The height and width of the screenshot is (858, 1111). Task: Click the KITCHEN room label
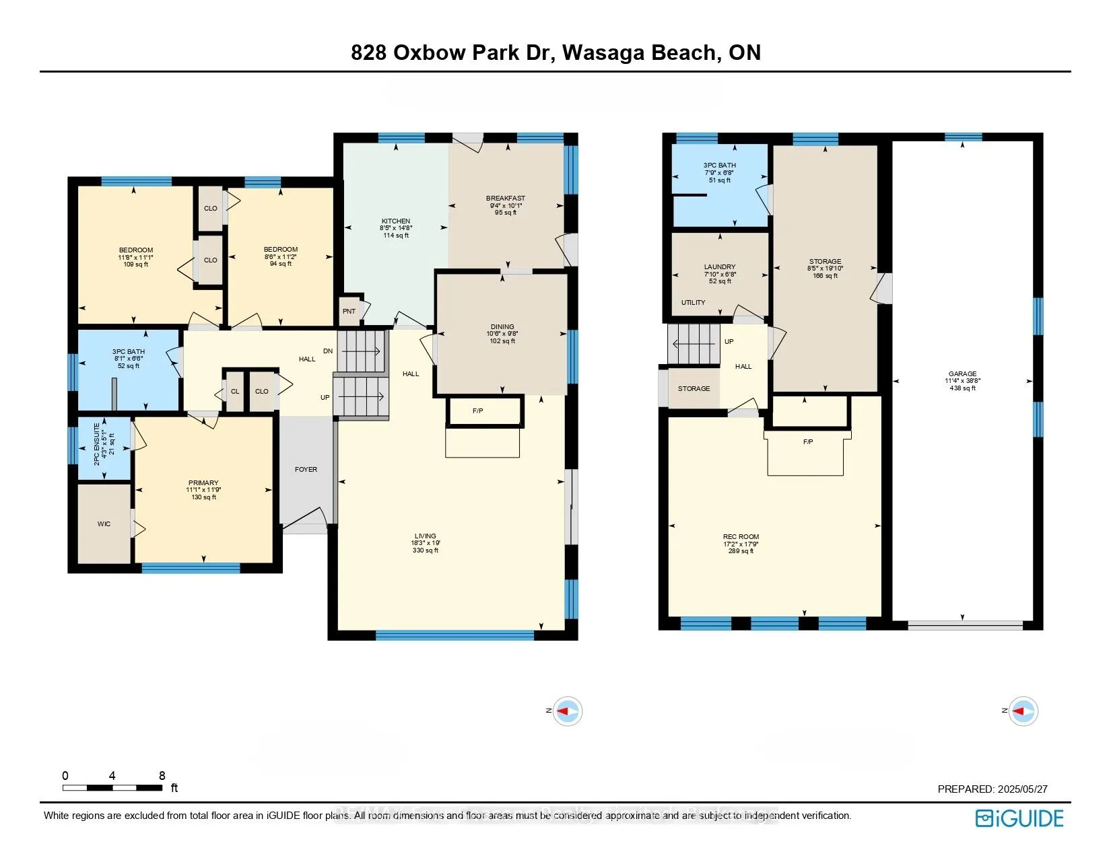point(396,221)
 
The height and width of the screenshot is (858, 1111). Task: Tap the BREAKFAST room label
point(506,199)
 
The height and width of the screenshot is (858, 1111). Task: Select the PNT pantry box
point(349,312)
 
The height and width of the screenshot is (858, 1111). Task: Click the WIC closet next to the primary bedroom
point(104,524)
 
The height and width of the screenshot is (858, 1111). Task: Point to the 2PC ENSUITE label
point(97,443)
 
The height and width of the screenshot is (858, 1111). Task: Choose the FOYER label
point(306,469)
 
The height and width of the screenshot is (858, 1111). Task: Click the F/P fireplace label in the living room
point(478,410)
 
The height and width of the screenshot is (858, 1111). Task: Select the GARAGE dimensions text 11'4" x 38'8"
point(962,381)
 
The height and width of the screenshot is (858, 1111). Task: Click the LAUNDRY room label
point(720,266)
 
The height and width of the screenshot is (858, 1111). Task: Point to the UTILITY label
point(693,302)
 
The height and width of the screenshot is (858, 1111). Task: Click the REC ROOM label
point(741,536)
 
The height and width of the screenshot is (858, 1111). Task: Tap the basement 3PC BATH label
point(720,165)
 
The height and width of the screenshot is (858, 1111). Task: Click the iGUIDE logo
point(1019,818)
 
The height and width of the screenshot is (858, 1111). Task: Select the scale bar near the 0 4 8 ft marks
point(112,787)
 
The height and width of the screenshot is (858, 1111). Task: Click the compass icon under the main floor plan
point(567,711)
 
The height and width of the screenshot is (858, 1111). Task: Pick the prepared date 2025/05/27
point(1019,789)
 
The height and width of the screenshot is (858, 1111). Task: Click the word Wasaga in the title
point(603,52)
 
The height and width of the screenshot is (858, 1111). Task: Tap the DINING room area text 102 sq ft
point(502,341)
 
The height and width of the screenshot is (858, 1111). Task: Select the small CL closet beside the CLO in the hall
point(235,391)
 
